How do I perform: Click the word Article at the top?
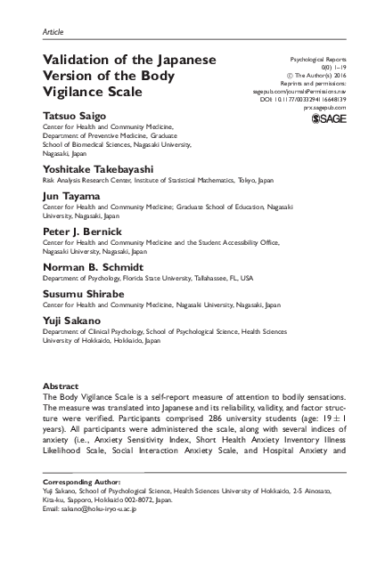53,32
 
